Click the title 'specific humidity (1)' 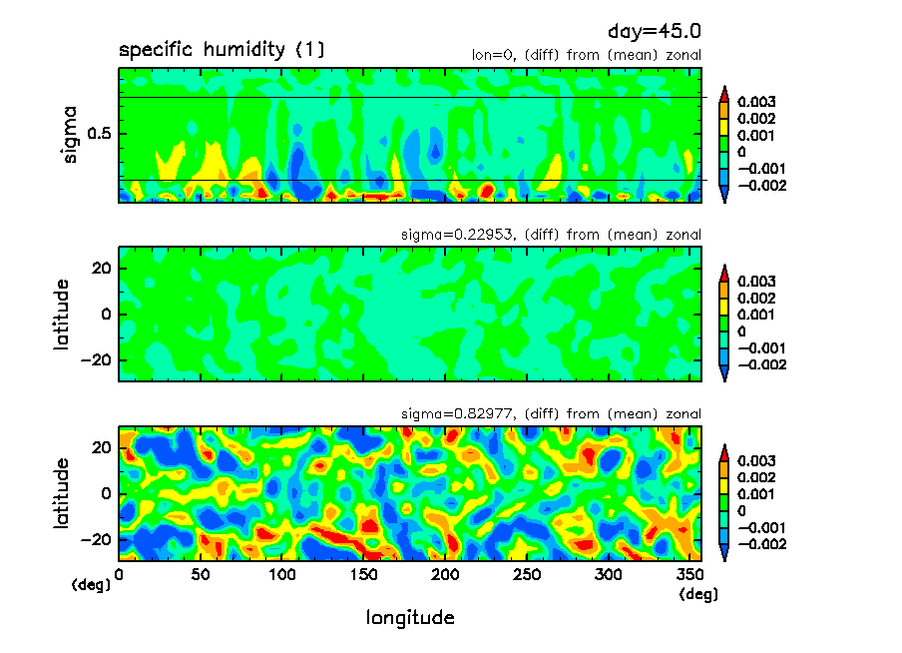[221, 50]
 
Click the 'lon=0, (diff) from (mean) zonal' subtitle [586, 56]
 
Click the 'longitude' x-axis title [410, 618]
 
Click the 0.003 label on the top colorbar [756, 102]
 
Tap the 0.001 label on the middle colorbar [756, 315]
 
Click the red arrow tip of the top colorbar [724, 91]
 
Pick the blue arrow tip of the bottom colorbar [724, 555]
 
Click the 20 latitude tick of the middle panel [102, 269]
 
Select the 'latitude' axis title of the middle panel [62, 314]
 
